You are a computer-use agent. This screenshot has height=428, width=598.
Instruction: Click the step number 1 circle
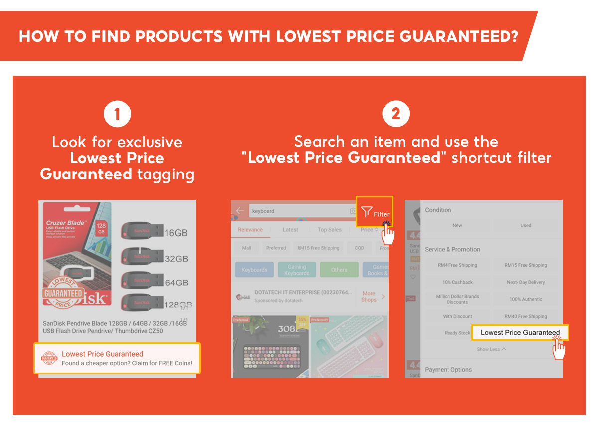click(x=117, y=114)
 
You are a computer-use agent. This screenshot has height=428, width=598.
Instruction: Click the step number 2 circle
click(x=396, y=114)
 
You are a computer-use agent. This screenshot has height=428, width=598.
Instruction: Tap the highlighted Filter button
click(x=375, y=212)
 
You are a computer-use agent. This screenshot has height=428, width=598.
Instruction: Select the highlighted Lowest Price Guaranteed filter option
click(x=520, y=332)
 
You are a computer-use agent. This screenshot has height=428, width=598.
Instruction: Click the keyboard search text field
click(x=299, y=211)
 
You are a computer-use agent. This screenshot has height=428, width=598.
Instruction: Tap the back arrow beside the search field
click(x=240, y=211)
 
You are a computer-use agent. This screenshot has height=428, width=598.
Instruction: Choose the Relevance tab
click(x=250, y=230)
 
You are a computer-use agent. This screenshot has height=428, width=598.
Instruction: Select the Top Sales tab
click(x=330, y=230)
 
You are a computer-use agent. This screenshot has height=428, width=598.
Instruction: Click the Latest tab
click(x=290, y=230)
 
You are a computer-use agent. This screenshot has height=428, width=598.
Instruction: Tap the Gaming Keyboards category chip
click(x=297, y=270)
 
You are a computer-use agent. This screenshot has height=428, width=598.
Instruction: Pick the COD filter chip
click(x=359, y=248)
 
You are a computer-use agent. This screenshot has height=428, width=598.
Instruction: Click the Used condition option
click(x=526, y=225)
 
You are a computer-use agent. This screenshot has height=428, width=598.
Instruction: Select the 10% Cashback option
click(x=457, y=282)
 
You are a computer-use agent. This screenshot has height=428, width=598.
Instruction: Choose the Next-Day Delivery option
click(x=526, y=282)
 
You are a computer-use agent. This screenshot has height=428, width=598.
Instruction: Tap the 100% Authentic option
click(x=526, y=299)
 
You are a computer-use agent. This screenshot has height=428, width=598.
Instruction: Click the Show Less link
click(x=491, y=349)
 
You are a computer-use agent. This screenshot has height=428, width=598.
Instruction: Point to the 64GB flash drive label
click(x=176, y=283)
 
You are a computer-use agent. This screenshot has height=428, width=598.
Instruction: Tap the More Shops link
click(x=370, y=297)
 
